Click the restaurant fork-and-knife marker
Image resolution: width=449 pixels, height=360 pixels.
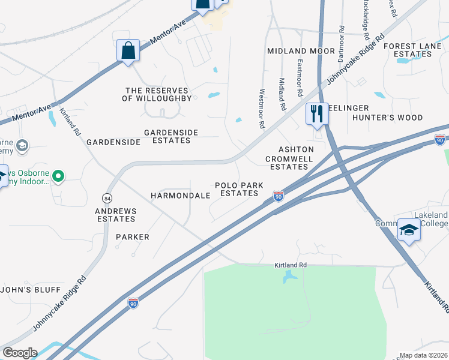click(x=316, y=113)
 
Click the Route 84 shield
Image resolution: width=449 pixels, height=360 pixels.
click(x=107, y=197)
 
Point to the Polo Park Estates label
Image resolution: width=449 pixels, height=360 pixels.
click(x=239, y=190)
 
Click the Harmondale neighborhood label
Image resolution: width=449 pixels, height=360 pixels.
click(x=180, y=196)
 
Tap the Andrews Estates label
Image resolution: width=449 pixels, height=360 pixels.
click(x=116, y=215)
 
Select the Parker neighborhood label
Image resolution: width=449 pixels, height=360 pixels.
click(x=133, y=237)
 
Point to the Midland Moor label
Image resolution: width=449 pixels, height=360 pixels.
click(x=301, y=52)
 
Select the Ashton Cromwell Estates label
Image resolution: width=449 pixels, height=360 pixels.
click(x=288, y=158)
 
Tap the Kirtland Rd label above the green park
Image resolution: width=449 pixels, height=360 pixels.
click(x=291, y=265)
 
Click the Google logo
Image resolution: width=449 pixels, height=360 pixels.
click(x=20, y=353)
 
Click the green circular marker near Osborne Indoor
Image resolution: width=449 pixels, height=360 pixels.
click(x=58, y=176)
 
